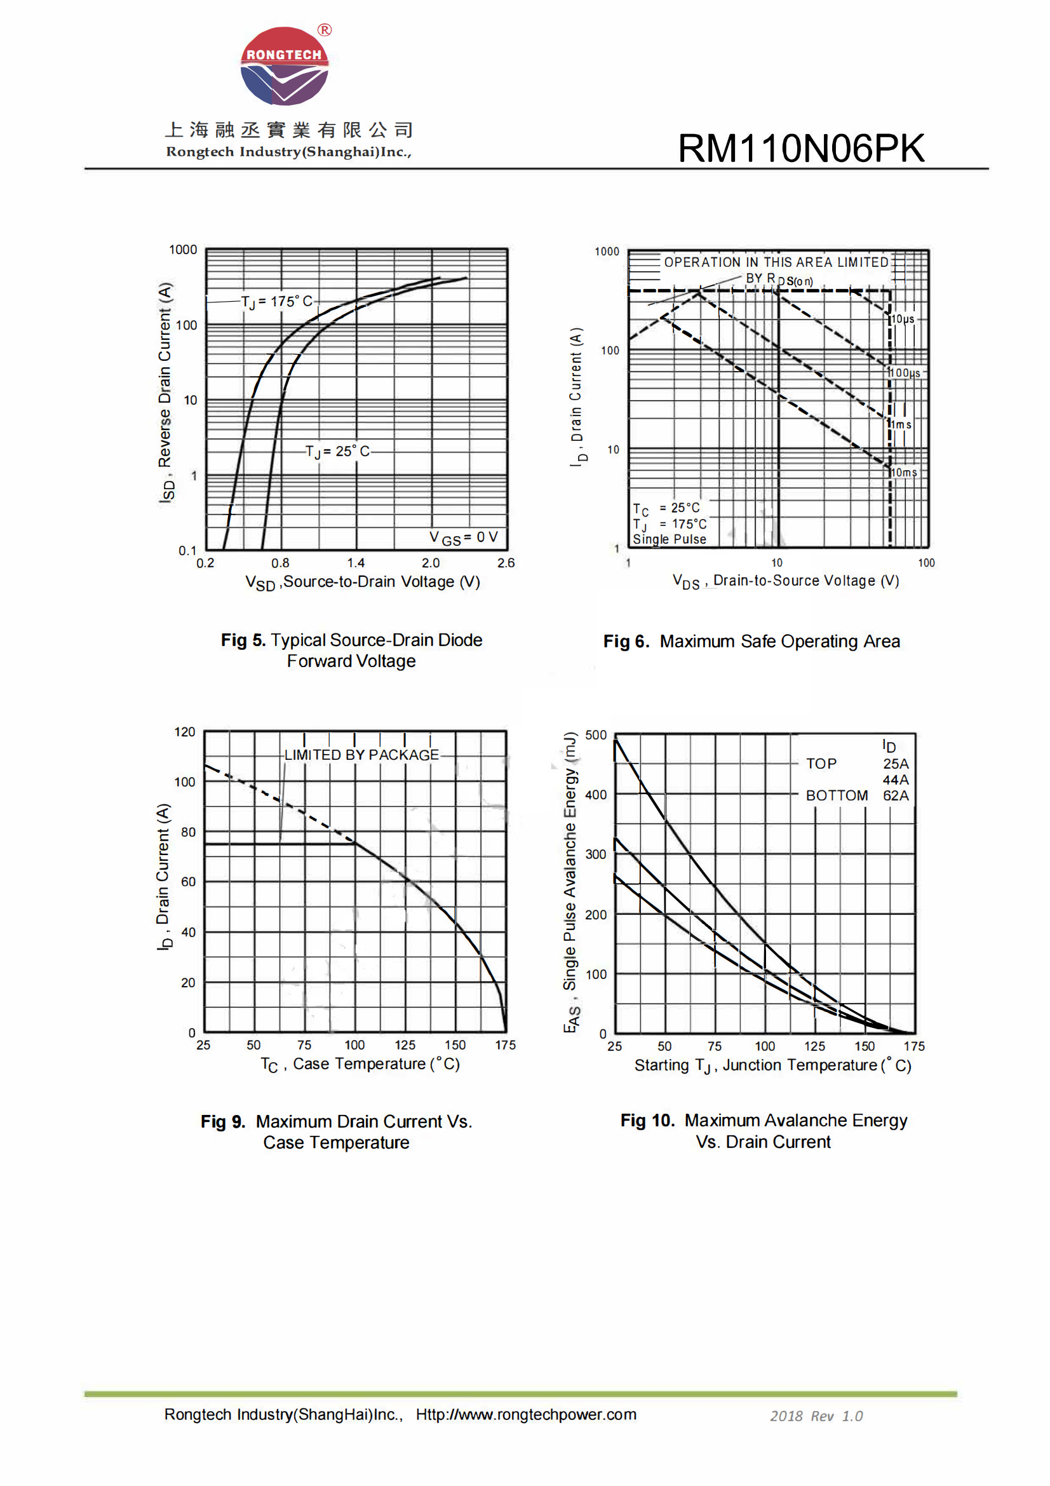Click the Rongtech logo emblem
point(285,66)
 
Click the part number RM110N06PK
point(801,148)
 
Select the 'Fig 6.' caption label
point(626,642)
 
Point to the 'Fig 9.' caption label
point(222,1121)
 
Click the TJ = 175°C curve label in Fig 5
point(276,302)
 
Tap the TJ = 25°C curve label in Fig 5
point(337,451)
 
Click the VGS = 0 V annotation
point(463,537)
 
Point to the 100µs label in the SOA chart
point(904,373)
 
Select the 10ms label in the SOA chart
point(904,473)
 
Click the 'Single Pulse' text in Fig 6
point(669,539)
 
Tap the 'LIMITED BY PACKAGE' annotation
point(361,755)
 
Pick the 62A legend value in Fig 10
point(896,795)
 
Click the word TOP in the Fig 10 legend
point(821,764)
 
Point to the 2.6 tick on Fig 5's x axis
point(506,563)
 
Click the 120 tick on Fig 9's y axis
point(184,732)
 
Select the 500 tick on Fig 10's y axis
point(596,735)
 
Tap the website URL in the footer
point(526,1415)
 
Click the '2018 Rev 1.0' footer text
point(816,1416)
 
